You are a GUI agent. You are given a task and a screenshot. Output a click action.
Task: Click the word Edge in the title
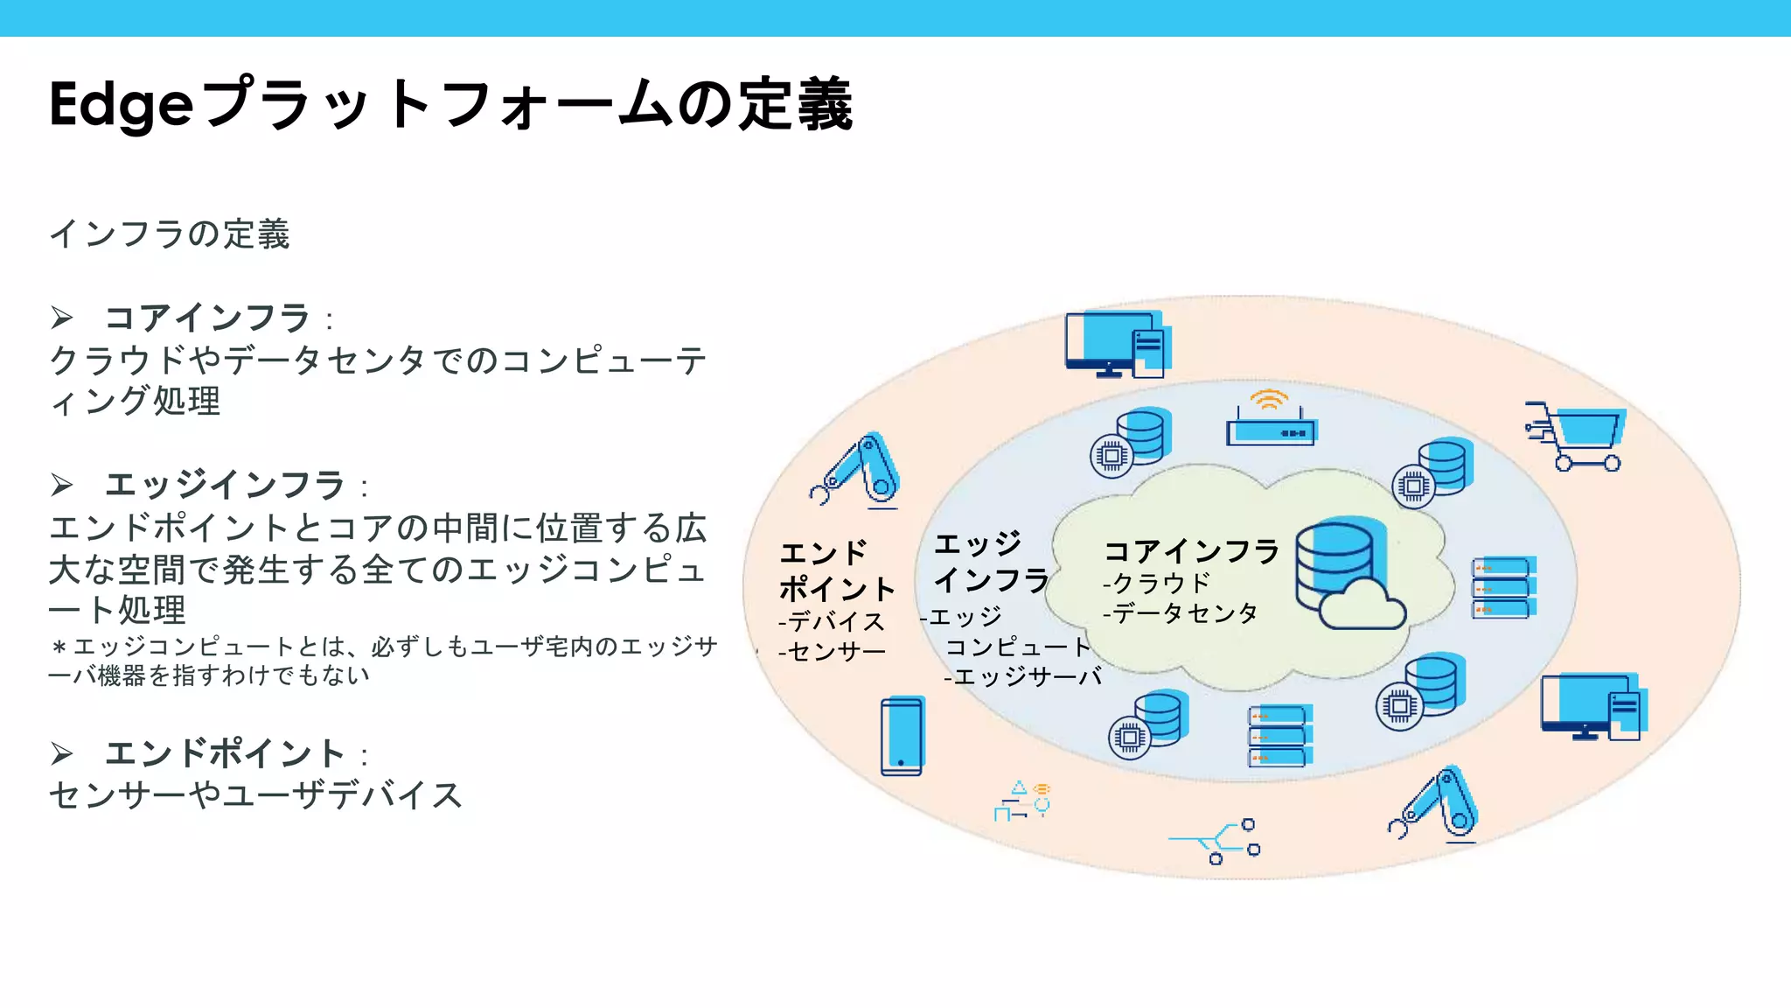[121, 106]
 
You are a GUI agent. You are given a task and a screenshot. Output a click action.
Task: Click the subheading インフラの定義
[169, 234]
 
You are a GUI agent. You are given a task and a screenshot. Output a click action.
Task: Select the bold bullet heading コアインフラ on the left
[207, 318]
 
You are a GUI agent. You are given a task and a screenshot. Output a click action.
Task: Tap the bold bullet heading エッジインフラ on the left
[225, 485]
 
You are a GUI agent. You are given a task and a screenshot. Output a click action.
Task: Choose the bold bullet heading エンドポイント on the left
[225, 753]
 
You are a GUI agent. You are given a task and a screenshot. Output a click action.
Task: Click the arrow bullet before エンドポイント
[61, 753]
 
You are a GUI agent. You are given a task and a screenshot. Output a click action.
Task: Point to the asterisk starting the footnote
[59, 648]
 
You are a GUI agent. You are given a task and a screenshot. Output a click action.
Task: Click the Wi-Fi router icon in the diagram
[1271, 420]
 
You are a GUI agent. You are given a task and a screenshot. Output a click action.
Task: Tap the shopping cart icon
[1577, 437]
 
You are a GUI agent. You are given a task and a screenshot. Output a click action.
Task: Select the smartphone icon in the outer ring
[902, 737]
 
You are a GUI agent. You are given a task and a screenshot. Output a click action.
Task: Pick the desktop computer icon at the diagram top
[1116, 344]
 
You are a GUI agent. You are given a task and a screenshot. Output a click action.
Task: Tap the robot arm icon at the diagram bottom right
[1436, 805]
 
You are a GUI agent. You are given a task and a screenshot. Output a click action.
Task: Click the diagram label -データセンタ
[1180, 613]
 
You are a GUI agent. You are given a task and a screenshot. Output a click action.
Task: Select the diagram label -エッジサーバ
[1022, 676]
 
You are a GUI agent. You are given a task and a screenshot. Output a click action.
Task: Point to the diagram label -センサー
[832, 652]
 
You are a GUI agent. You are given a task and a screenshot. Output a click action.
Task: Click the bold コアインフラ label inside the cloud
[1191, 551]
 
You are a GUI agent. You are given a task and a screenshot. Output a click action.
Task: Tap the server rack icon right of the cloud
[1503, 588]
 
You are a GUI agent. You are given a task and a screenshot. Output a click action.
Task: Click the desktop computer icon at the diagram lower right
[1592, 707]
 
